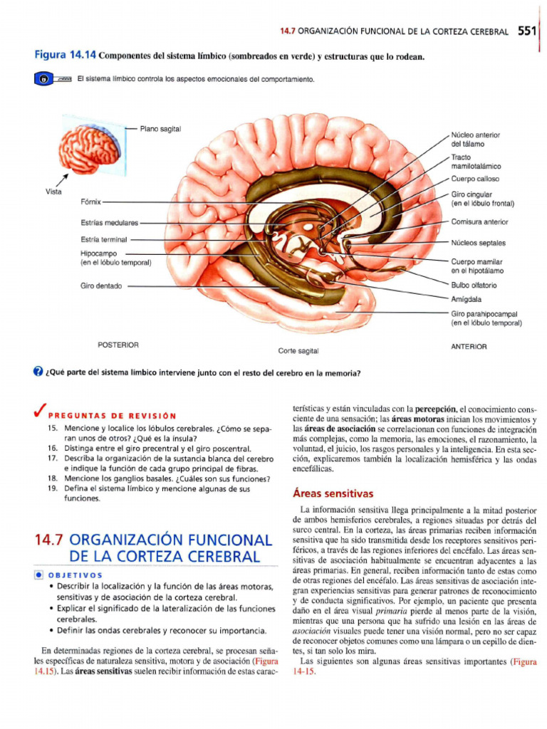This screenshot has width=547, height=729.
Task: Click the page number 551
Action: pyautogui.click(x=527, y=31)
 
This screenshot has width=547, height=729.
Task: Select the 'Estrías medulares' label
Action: pyautogui.click(x=110, y=223)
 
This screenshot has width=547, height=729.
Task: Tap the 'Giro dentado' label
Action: pyautogui.click(x=101, y=286)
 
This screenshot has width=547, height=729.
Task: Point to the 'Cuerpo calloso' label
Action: pyautogui.click(x=475, y=179)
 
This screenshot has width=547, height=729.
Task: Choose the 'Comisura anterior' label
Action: pyautogui.click(x=479, y=222)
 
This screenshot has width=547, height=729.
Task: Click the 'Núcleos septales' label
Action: pyautogui.click(x=478, y=243)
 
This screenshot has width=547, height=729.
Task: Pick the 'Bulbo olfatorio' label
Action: pyautogui.click(x=474, y=285)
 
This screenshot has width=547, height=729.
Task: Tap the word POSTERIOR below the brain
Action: pyautogui.click(x=118, y=345)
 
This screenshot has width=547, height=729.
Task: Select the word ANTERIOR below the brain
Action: pyautogui.click(x=469, y=347)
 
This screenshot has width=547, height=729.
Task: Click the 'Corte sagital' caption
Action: pyautogui.click(x=298, y=351)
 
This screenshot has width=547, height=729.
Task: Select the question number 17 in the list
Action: pyautogui.click(x=52, y=459)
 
